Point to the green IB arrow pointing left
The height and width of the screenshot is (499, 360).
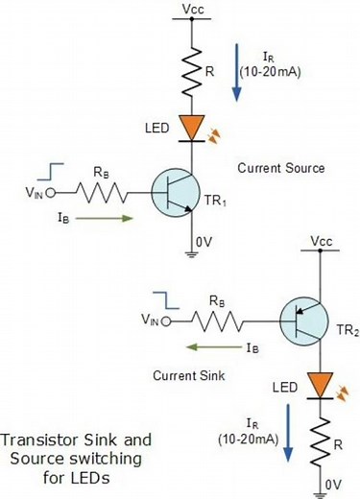212,346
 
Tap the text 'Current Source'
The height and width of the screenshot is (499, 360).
280,168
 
